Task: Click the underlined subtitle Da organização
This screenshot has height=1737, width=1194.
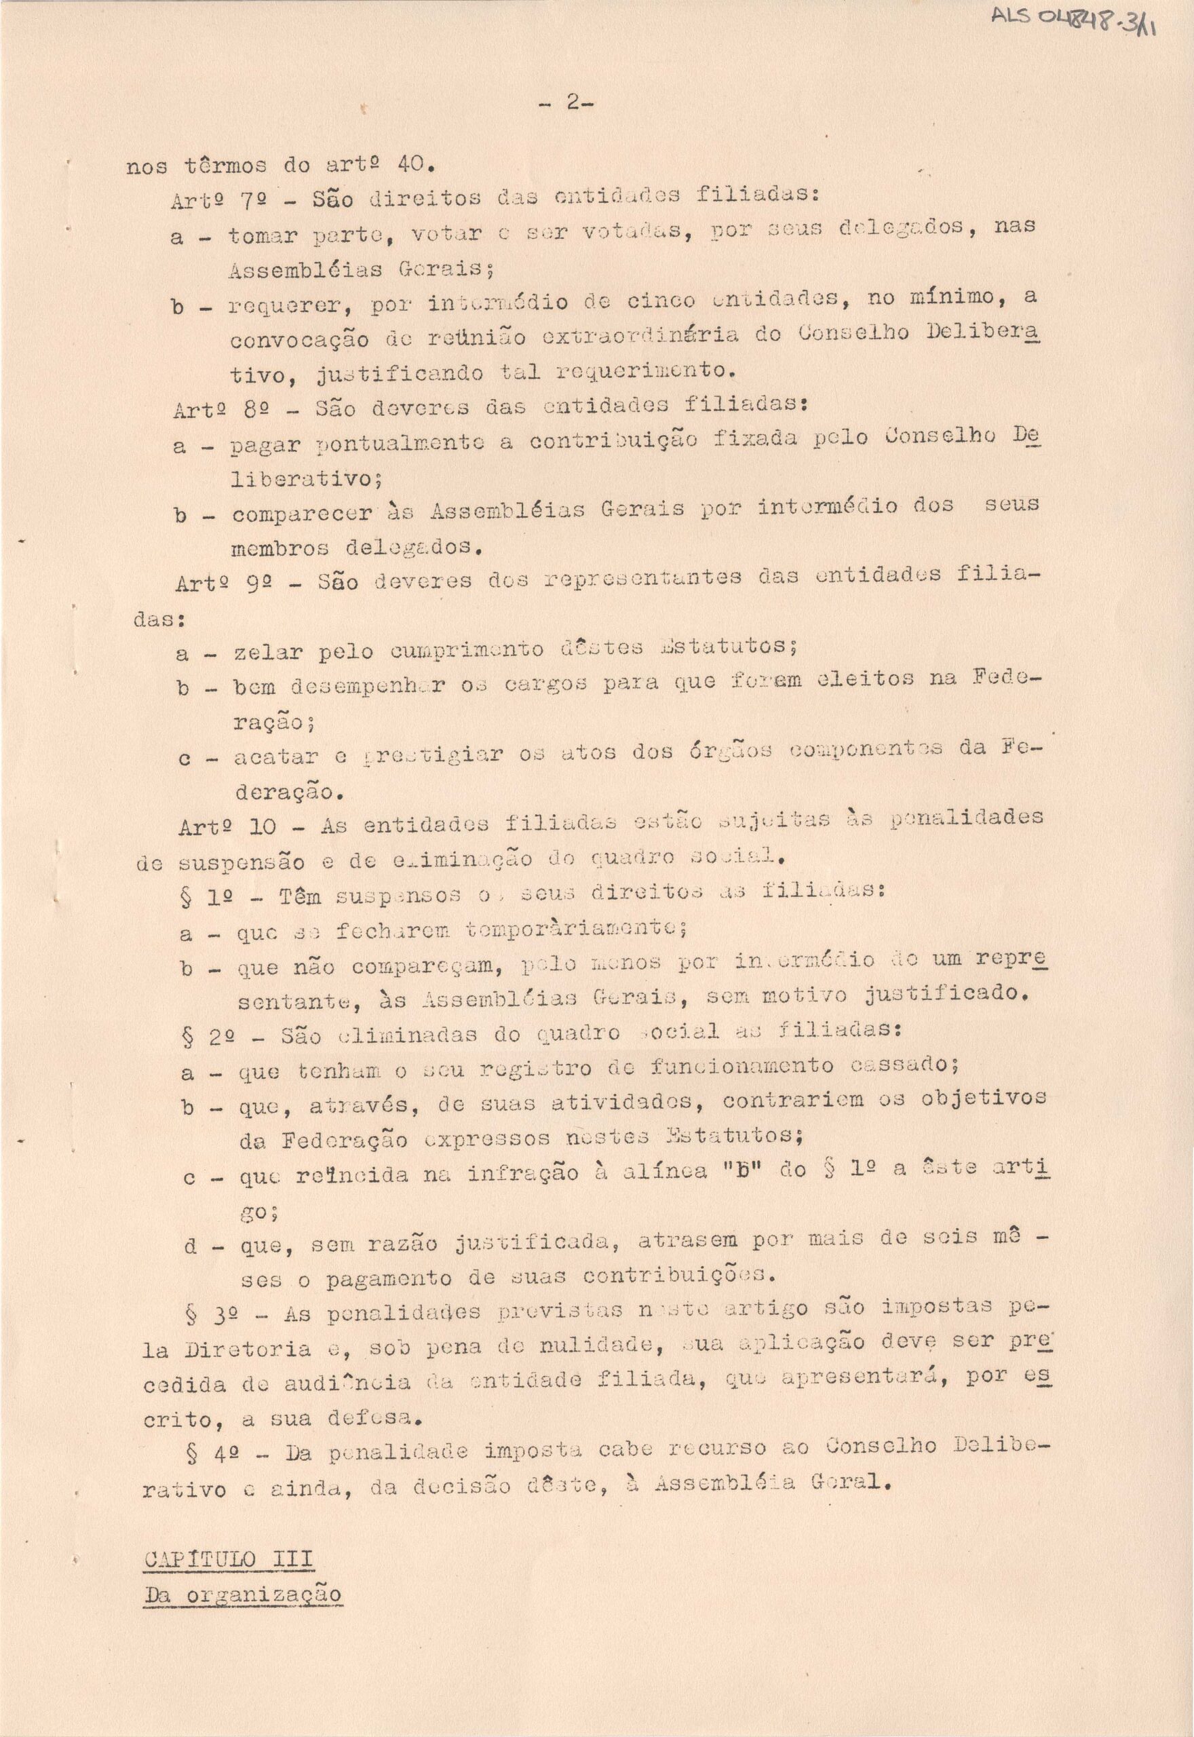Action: click(242, 1593)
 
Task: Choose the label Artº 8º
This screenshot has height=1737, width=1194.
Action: click(216, 409)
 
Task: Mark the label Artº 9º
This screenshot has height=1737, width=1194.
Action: click(218, 583)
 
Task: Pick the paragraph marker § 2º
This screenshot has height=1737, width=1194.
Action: click(210, 1037)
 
